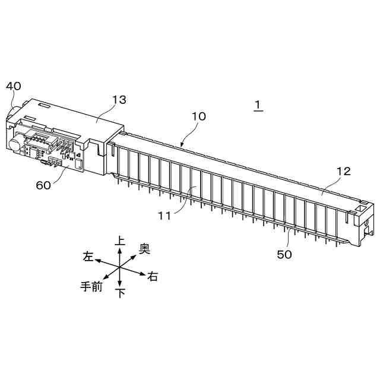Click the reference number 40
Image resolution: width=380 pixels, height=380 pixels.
coord(14,86)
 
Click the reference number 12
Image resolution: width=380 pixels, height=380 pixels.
coord(343,172)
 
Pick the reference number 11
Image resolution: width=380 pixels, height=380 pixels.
coord(164,216)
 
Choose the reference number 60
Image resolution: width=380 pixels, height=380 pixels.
coord(43,185)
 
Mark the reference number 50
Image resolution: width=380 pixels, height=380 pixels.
coord(285,254)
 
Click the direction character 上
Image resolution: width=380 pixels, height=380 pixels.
coord(120,241)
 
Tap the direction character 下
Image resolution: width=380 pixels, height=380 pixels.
coord(120,293)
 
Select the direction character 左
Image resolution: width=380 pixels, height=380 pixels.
coord(88,256)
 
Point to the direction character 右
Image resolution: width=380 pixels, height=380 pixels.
coord(153,277)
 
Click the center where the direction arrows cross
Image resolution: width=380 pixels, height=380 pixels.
coord(120,267)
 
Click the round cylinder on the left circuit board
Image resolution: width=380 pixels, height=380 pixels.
coord(13,143)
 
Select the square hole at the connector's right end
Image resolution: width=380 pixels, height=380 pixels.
coord(359,210)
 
